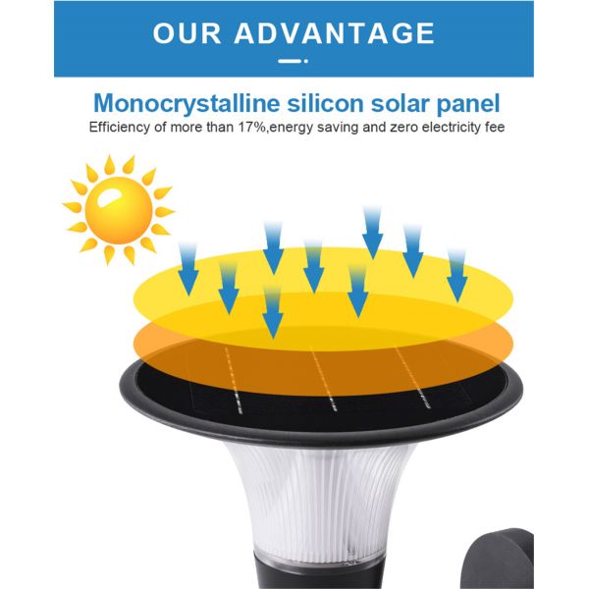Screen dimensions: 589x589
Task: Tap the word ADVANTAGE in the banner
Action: tap(336, 32)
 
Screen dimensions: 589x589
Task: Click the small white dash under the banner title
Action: tap(287, 61)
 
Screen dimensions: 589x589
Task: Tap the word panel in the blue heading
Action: tap(470, 103)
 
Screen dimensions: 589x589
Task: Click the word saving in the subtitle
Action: tap(334, 129)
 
